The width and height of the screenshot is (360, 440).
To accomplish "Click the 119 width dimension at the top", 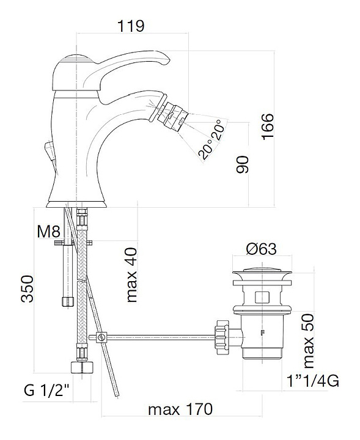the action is [131, 26].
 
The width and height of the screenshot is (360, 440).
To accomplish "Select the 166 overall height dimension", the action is [268, 126].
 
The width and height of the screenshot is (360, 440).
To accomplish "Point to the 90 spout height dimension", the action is [242, 164].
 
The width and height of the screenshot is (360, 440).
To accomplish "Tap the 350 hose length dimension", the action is [27, 288].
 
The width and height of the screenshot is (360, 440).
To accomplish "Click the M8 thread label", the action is [48, 232].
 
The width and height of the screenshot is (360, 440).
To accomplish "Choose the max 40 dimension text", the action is [131, 275].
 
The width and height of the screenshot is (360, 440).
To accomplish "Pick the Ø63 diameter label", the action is [261, 249].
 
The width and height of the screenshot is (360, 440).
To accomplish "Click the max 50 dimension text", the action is [308, 341].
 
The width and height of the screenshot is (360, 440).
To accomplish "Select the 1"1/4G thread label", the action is [313, 381].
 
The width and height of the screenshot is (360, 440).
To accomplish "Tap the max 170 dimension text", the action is [180, 409].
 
